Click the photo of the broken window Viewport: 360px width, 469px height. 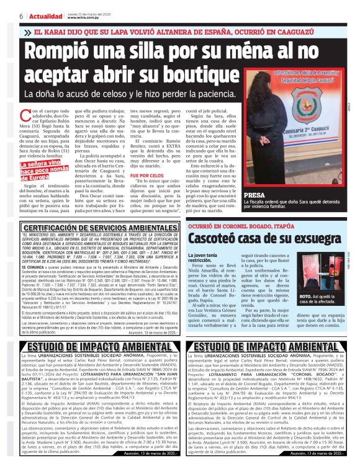(x=317, y=270)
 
